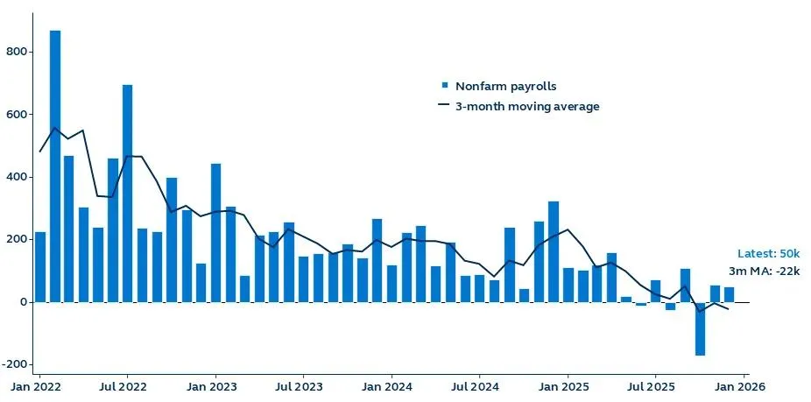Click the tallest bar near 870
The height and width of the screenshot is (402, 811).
54,166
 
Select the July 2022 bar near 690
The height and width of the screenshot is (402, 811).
127,193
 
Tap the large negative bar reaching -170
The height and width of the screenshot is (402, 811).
700,328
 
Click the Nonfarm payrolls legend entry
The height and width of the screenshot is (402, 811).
505,86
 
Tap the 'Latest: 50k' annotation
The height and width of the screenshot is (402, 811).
768,253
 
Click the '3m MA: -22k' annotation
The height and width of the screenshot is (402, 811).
765,272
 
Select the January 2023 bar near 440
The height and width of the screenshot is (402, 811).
215,233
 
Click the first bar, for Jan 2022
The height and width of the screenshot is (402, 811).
40,267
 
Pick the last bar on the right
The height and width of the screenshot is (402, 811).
729,294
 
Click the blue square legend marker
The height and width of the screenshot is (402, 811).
444,86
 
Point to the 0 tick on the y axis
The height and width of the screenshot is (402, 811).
27,302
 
